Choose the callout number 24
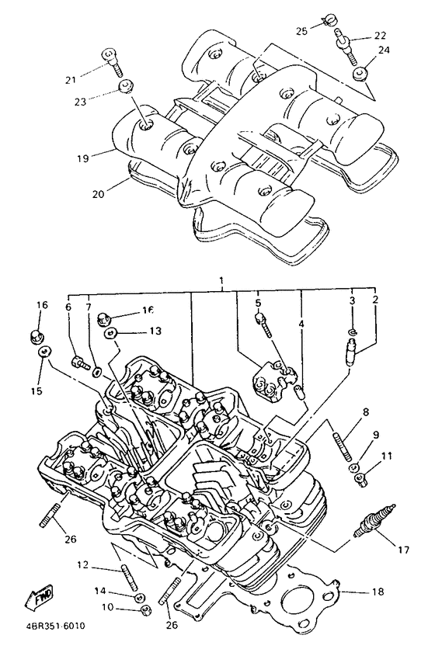pyautogui.click(x=383, y=50)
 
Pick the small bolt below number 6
pyautogui.click(x=78, y=360)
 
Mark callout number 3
pyautogui.click(x=351, y=300)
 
